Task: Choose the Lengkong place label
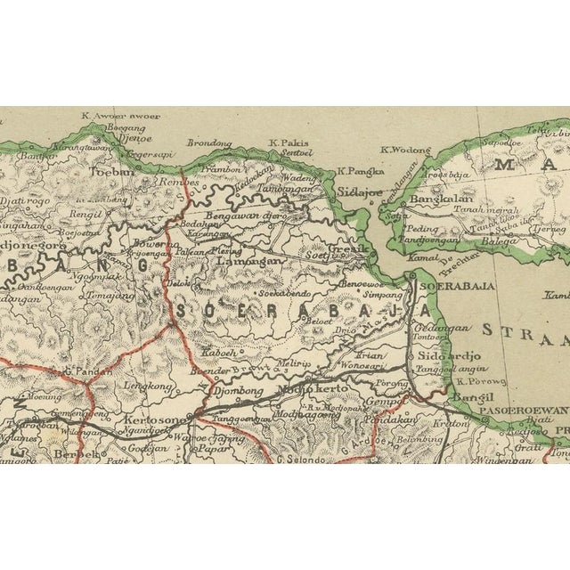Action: (151, 386)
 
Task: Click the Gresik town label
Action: (345, 248)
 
